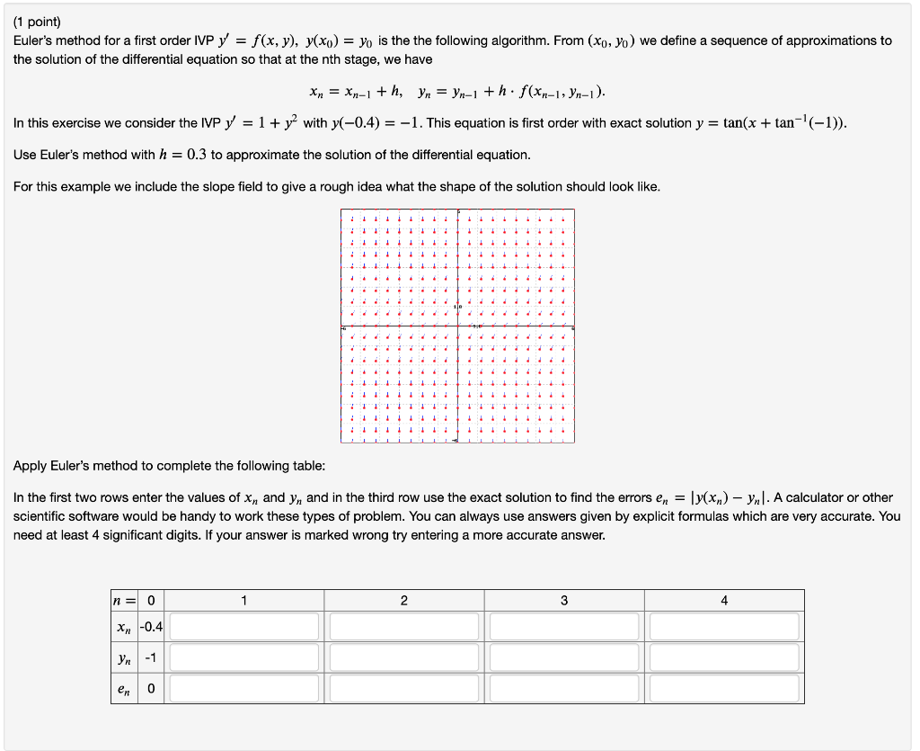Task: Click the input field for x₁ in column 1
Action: point(244,626)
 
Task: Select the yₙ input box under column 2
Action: point(404,657)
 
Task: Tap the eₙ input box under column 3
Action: point(564,688)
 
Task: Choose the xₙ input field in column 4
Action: point(724,626)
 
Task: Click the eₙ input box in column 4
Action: point(724,688)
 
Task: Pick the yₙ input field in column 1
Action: point(244,657)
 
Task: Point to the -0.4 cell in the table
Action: point(151,626)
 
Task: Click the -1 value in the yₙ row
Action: point(151,657)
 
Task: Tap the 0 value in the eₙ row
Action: point(151,688)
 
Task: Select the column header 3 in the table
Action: point(564,600)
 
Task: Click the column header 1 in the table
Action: point(244,600)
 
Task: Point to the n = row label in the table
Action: point(125,600)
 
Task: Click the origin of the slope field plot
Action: point(457,326)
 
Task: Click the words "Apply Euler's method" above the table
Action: point(74,466)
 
